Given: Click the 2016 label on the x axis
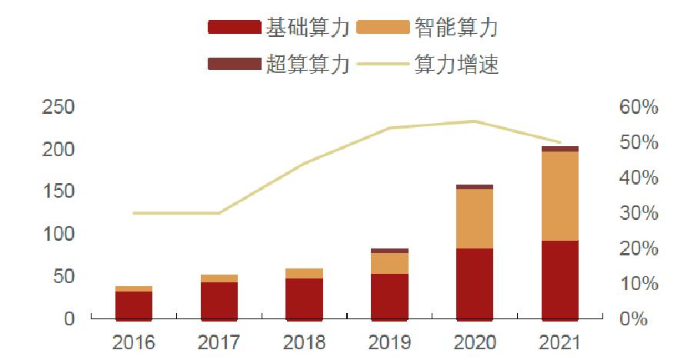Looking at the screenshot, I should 134,341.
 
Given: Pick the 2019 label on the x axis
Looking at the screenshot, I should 389,341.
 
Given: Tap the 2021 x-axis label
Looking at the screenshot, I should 559,341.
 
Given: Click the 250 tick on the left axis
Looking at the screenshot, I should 58,107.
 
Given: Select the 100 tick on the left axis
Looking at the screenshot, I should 58,234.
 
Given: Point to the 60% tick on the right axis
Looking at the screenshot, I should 638,107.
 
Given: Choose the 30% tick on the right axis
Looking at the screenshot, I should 638,213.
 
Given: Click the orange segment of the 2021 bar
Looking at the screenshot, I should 559,196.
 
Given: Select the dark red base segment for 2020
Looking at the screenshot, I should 475,283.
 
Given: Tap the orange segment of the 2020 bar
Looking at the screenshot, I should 475,218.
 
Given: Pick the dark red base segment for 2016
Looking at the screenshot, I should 134,305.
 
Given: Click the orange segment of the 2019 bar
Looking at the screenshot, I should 389,263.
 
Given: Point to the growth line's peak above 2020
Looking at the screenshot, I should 475,121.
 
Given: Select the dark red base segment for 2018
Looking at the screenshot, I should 304,298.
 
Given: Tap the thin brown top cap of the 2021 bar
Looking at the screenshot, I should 559,148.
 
